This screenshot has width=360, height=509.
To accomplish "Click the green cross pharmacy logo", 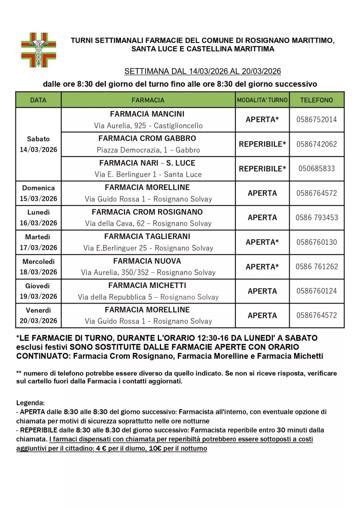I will [39, 50].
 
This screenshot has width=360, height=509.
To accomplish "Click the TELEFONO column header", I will [316, 100].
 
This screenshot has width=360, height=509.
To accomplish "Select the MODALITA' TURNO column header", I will [262, 100].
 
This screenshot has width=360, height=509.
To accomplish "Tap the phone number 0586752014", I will [316, 120].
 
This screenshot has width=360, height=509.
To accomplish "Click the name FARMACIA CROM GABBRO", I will [147, 138].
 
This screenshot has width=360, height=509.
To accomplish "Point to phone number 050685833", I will [316, 168].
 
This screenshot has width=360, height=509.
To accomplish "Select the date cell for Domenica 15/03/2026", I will [38, 193].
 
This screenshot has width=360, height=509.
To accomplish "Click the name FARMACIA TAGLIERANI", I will [147, 237].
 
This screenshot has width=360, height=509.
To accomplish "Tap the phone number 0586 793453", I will [316, 217].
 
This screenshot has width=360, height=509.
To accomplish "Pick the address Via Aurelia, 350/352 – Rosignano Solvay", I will [148, 272].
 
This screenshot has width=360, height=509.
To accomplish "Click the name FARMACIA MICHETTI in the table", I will [147, 285].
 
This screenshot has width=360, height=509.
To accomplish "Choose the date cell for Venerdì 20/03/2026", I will [38, 315].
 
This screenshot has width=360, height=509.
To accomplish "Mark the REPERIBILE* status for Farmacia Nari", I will [262, 168].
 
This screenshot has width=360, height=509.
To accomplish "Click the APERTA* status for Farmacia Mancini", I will [262, 120].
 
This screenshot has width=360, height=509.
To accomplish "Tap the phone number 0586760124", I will [316, 291].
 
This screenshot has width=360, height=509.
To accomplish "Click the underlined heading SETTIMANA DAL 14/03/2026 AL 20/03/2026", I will [202, 71].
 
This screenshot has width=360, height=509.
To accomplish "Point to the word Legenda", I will [30, 403].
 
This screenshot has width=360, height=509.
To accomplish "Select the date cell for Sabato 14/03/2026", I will [38, 144].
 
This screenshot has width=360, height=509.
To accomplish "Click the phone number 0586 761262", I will [316, 267].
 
